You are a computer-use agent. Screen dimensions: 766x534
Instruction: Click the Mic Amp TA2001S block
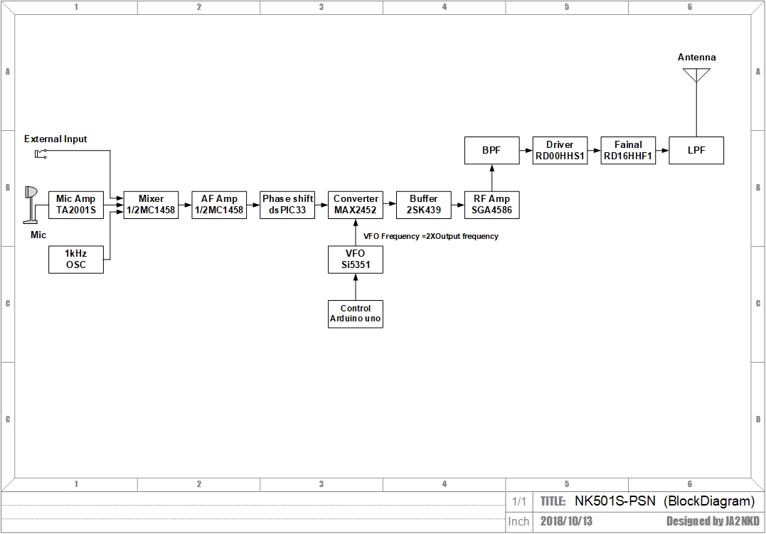75,205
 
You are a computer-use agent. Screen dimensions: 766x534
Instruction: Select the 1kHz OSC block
75,259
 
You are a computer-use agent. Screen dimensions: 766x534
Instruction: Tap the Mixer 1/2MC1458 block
151,205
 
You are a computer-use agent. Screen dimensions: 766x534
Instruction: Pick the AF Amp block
219,205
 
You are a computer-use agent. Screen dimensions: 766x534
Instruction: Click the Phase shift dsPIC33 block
287,205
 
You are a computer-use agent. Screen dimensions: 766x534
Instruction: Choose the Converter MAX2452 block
356,205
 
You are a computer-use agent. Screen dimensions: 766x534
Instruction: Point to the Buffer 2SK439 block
424,205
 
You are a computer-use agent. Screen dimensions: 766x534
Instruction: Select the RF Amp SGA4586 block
491,205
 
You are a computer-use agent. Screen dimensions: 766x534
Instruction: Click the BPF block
491,151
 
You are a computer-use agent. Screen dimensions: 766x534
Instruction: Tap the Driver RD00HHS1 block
560,151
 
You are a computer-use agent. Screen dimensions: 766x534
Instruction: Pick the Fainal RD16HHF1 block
628,151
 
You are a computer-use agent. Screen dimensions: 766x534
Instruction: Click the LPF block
696,151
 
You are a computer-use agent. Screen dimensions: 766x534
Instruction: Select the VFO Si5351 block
356,259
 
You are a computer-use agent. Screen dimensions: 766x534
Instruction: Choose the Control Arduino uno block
356,314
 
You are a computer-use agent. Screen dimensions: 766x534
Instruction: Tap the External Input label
55,139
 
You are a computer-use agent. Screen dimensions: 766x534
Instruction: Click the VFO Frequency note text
431,236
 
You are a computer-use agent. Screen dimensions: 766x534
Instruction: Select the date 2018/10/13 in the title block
566,521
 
